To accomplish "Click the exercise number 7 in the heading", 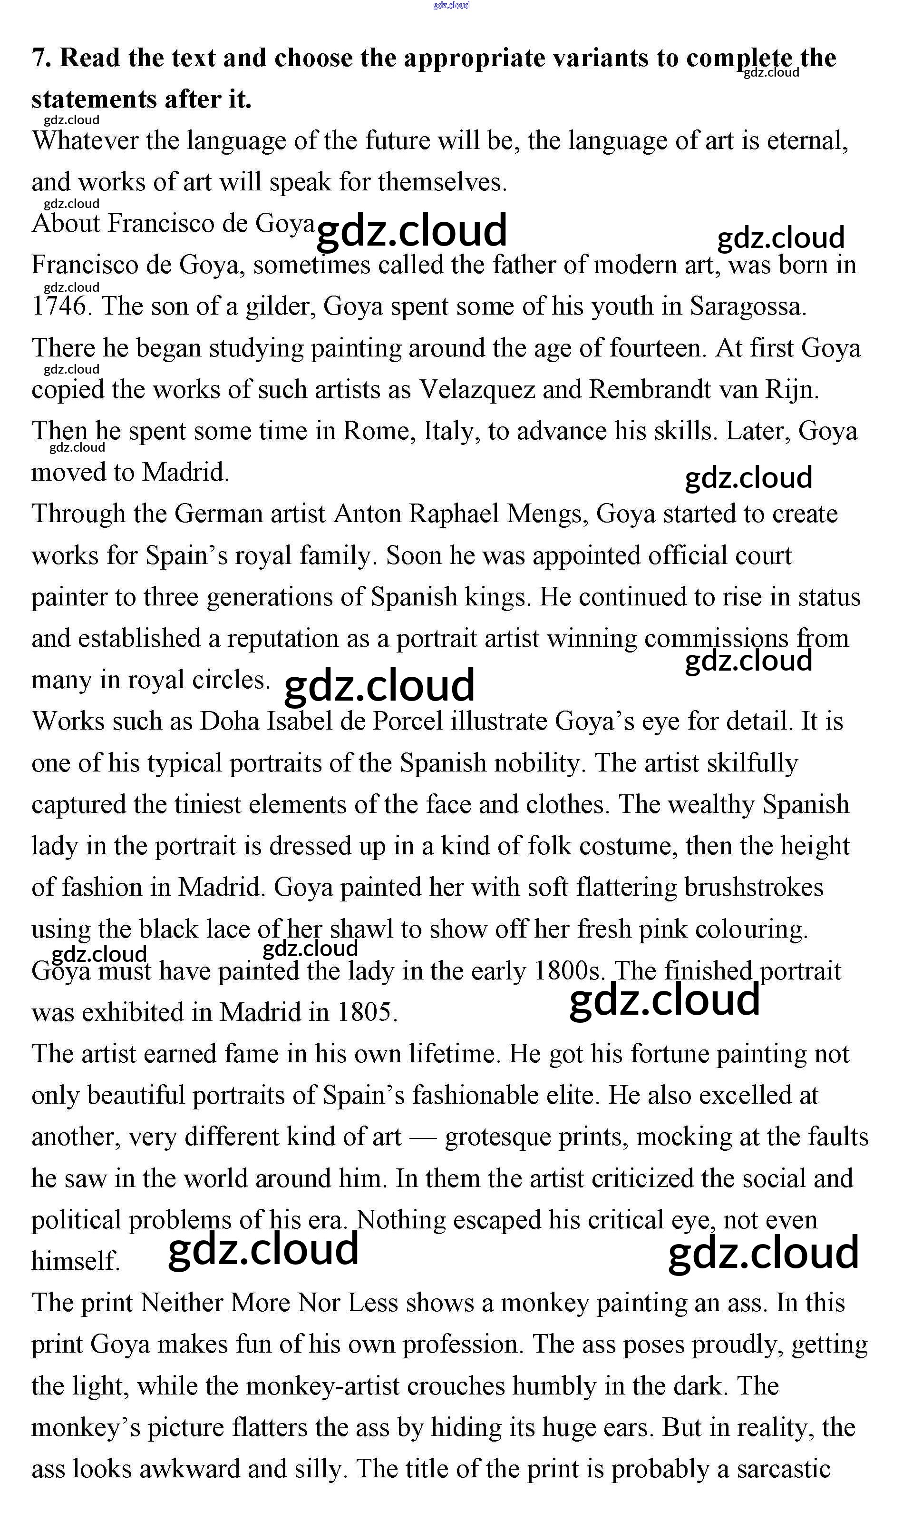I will (39, 59).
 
